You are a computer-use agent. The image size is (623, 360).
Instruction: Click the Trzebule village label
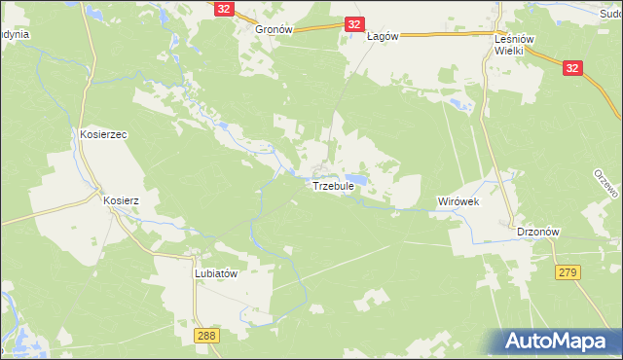[333, 186]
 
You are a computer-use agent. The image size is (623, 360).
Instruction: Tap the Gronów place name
[274, 30]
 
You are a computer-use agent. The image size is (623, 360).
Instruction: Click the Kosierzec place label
[105, 134]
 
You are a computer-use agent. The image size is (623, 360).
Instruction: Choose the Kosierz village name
[122, 200]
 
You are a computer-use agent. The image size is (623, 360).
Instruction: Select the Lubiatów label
[216, 273]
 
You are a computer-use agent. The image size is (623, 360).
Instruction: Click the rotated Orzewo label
[605, 184]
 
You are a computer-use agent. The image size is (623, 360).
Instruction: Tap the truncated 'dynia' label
[14, 34]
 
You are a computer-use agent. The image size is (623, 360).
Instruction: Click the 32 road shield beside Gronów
[225, 9]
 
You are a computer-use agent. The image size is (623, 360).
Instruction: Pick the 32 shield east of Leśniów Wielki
[572, 67]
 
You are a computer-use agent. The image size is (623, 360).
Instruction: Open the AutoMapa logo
[554, 340]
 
